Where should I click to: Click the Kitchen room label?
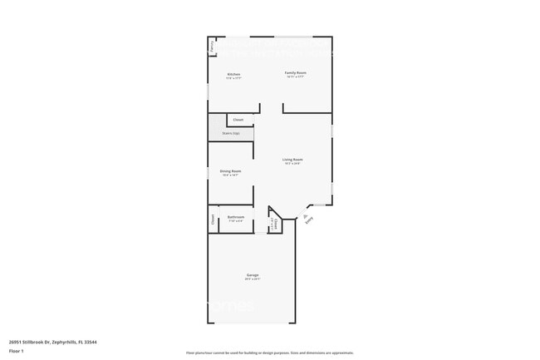point(234,74)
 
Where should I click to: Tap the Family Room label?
point(295,73)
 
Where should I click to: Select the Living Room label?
point(292,159)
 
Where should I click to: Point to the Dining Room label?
point(231,170)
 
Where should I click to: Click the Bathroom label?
point(236,217)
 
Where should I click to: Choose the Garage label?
point(253,274)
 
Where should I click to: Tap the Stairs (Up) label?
point(231,133)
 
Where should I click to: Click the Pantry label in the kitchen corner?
point(212,47)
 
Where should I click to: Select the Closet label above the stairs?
point(238,120)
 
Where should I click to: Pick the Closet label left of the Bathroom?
point(212,220)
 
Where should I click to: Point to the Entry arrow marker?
point(304,215)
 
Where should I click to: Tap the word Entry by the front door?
point(310,221)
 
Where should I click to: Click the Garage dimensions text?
point(253,279)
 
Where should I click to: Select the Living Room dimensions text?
point(292,164)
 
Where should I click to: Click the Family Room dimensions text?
point(295,77)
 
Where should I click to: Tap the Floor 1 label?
point(17,352)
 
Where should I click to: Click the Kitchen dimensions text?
point(234,78)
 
